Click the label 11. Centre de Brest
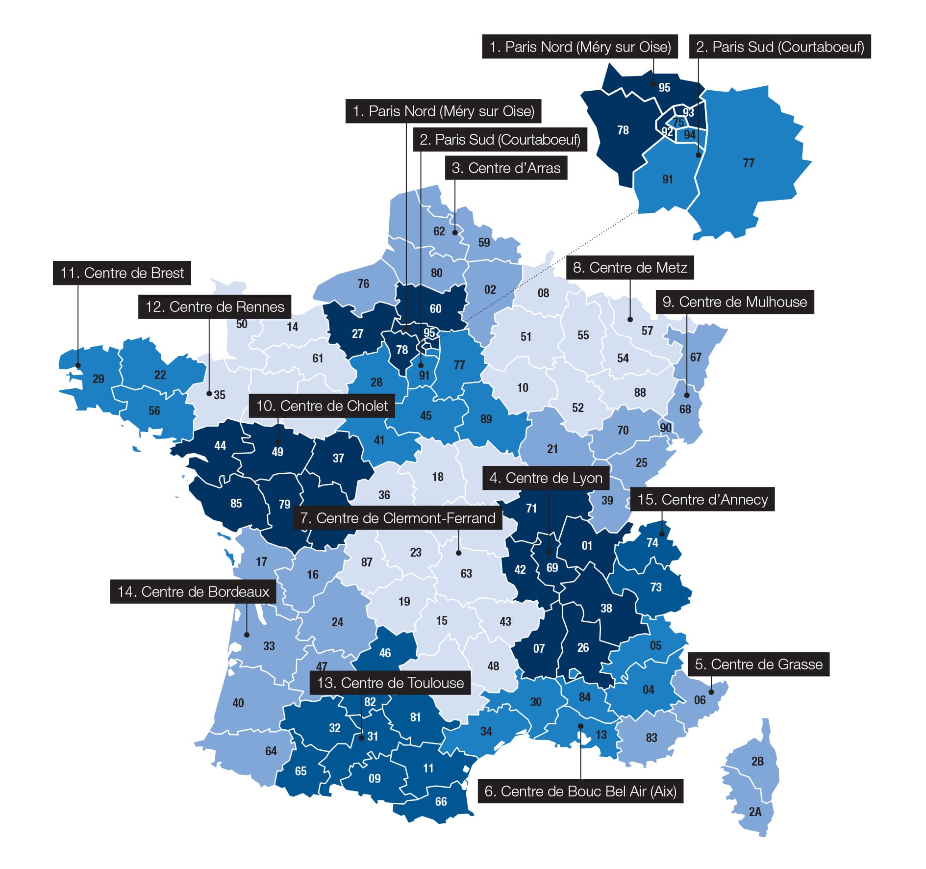pyautogui.click(x=122, y=273)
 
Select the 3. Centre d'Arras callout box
pyautogui.click(x=506, y=168)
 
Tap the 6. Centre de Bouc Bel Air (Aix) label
pyautogui.click(x=580, y=791)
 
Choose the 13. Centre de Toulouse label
pyautogui.click(x=390, y=683)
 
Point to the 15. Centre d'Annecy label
pyautogui.click(x=702, y=499)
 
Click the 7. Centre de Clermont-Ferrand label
pyautogui.click(x=398, y=518)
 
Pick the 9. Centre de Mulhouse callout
pyautogui.click(x=735, y=302)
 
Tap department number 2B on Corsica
pyautogui.click(x=757, y=761)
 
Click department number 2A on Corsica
pyautogui.click(x=755, y=812)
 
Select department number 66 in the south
pyautogui.click(x=441, y=801)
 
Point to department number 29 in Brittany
pyautogui.click(x=98, y=379)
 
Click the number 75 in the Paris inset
pyautogui.click(x=678, y=122)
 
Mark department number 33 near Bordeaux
pyautogui.click(x=269, y=646)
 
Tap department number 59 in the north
pyautogui.click(x=484, y=242)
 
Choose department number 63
pyautogui.click(x=466, y=573)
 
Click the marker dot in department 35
pyautogui.click(x=209, y=393)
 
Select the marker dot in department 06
pyautogui.click(x=711, y=692)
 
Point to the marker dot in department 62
pyautogui.click(x=454, y=232)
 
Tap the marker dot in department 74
pyautogui.click(x=662, y=534)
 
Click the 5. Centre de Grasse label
pyautogui.click(x=758, y=664)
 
